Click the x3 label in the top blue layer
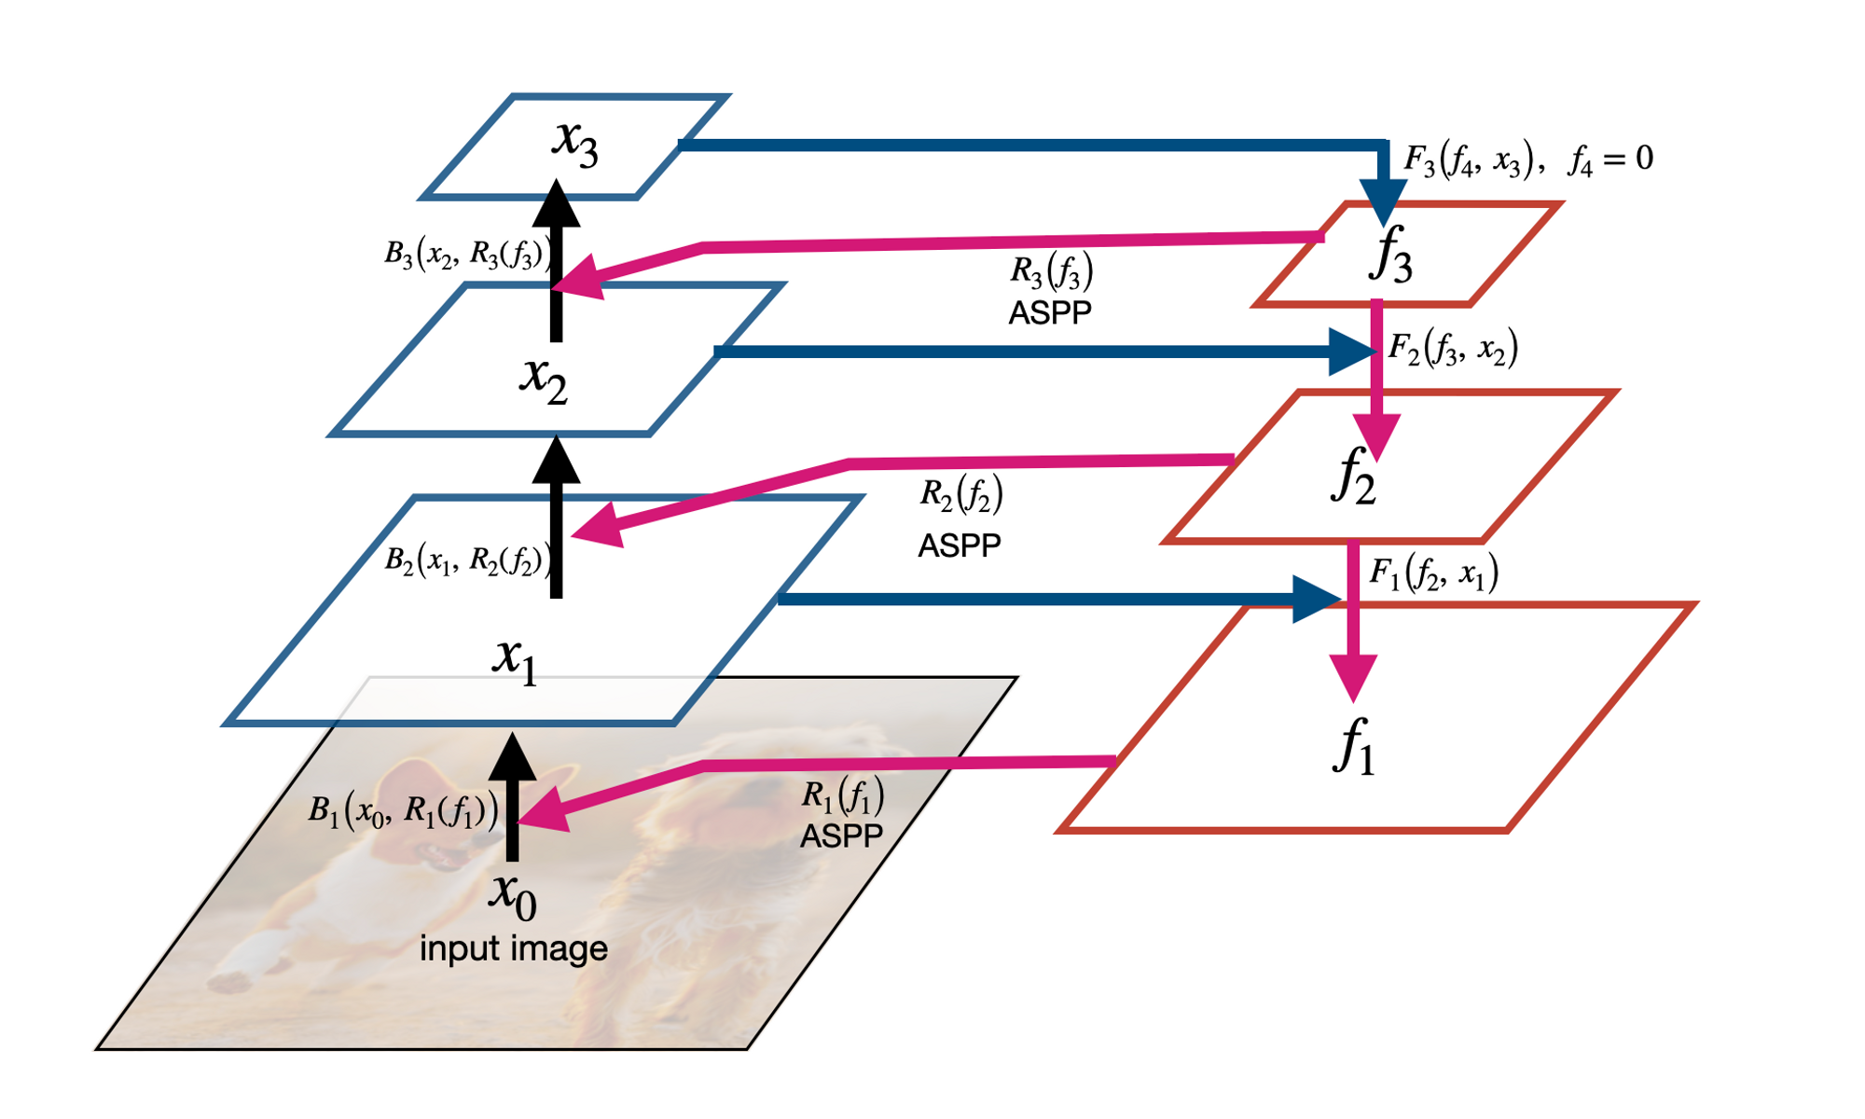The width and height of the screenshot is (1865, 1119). coord(574,142)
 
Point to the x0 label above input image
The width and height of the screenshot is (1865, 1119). coord(513,894)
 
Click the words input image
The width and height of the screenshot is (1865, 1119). coord(513,949)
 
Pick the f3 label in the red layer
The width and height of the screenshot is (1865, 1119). coord(1390,255)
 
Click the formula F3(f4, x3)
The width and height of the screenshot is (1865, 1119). coord(1468,160)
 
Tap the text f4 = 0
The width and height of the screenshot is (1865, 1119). coord(1610,159)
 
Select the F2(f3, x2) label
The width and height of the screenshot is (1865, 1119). coord(1453,349)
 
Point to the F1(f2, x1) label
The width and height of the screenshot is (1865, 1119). coord(1433,573)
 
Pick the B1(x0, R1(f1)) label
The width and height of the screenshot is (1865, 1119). coord(403,811)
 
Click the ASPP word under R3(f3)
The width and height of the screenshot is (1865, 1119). coord(1050,312)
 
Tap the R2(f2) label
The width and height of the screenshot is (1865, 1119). coord(961,495)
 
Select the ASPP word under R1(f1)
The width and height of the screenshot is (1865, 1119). coord(841,836)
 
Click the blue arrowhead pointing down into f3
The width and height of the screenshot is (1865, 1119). coord(1383,201)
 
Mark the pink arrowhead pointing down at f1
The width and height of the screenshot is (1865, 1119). coord(1353,678)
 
